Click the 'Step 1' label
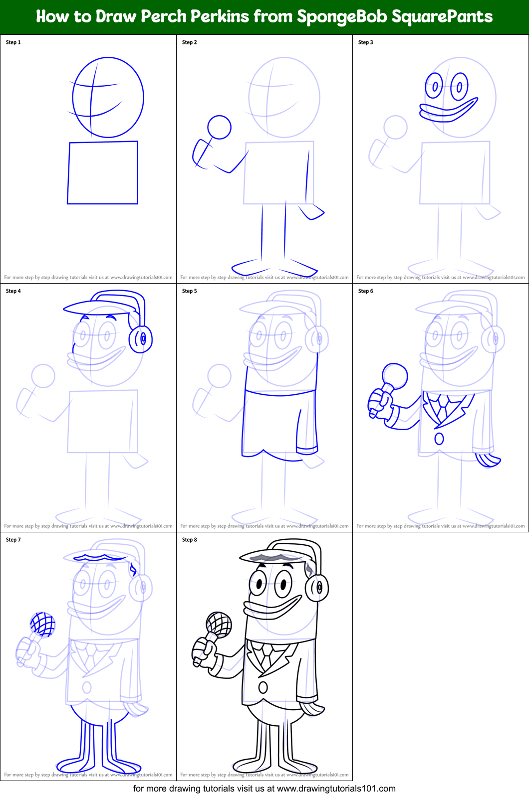(13, 42)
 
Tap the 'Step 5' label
(190, 291)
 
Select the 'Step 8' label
(190, 540)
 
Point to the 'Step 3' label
(366, 42)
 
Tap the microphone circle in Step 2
(219, 127)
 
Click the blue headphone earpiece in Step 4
(141, 339)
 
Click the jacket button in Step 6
(439, 439)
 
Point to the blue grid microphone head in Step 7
(42, 624)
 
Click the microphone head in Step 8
(219, 624)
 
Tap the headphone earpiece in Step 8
(317, 588)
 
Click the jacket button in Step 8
(263, 687)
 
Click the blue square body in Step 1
(103, 172)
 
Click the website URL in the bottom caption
(336, 789)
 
